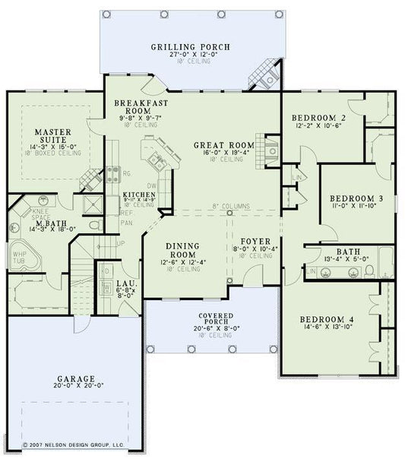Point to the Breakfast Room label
141,106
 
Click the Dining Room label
182,251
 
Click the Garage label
74,378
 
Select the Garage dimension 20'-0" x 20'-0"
74,387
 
